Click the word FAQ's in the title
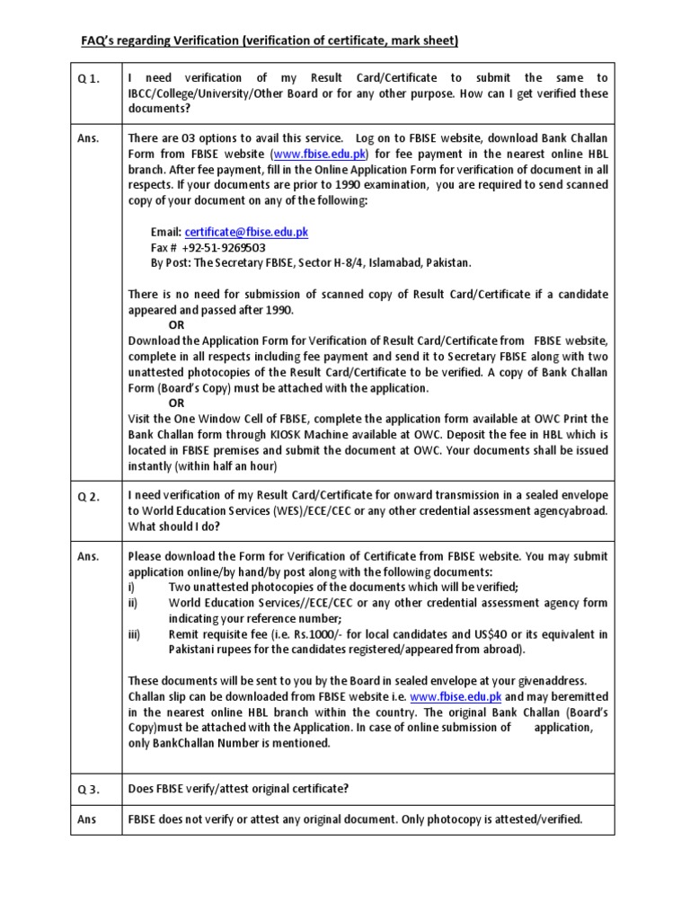pyautogui.click(x=93, y=40)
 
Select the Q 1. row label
pyautogui.click(x=89, y=79)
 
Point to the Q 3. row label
pyautogui.click(x=89, y=789)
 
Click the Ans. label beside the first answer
pyautogui.click(x=88, y=138)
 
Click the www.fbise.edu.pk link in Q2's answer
pyautogui.click(x=456, y=696)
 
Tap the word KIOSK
pyautogui.click(x=318, y=435)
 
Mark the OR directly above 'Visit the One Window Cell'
pyautogui.click(x=177, y=403)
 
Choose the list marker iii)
pyautogui.click(x=135, y=634)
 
